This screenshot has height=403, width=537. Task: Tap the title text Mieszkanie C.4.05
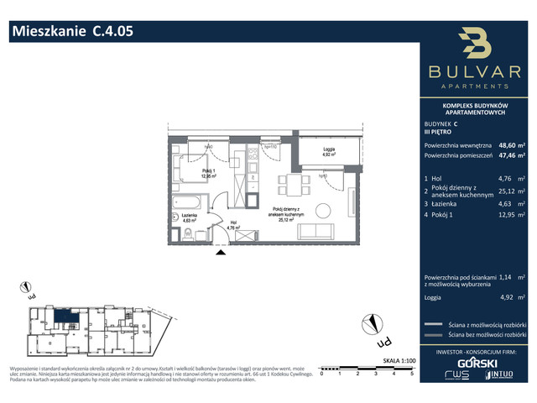pos(70,32)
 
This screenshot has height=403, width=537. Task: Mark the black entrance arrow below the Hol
pos(222,249)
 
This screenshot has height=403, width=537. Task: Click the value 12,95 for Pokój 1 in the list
pos(506,226)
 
